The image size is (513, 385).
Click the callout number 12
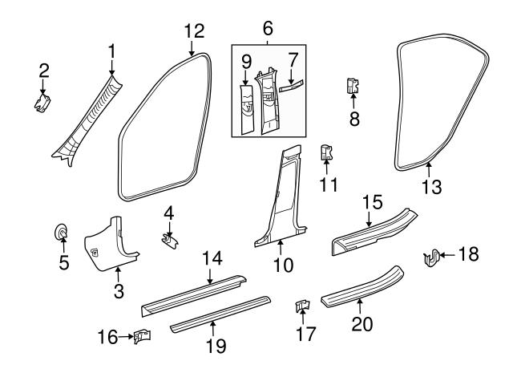(194, 31)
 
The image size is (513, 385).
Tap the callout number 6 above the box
(267, 28)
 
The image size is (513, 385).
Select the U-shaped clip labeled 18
(430, 257)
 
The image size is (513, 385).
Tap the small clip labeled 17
(302, 306)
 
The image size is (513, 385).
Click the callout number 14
(211, 258)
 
